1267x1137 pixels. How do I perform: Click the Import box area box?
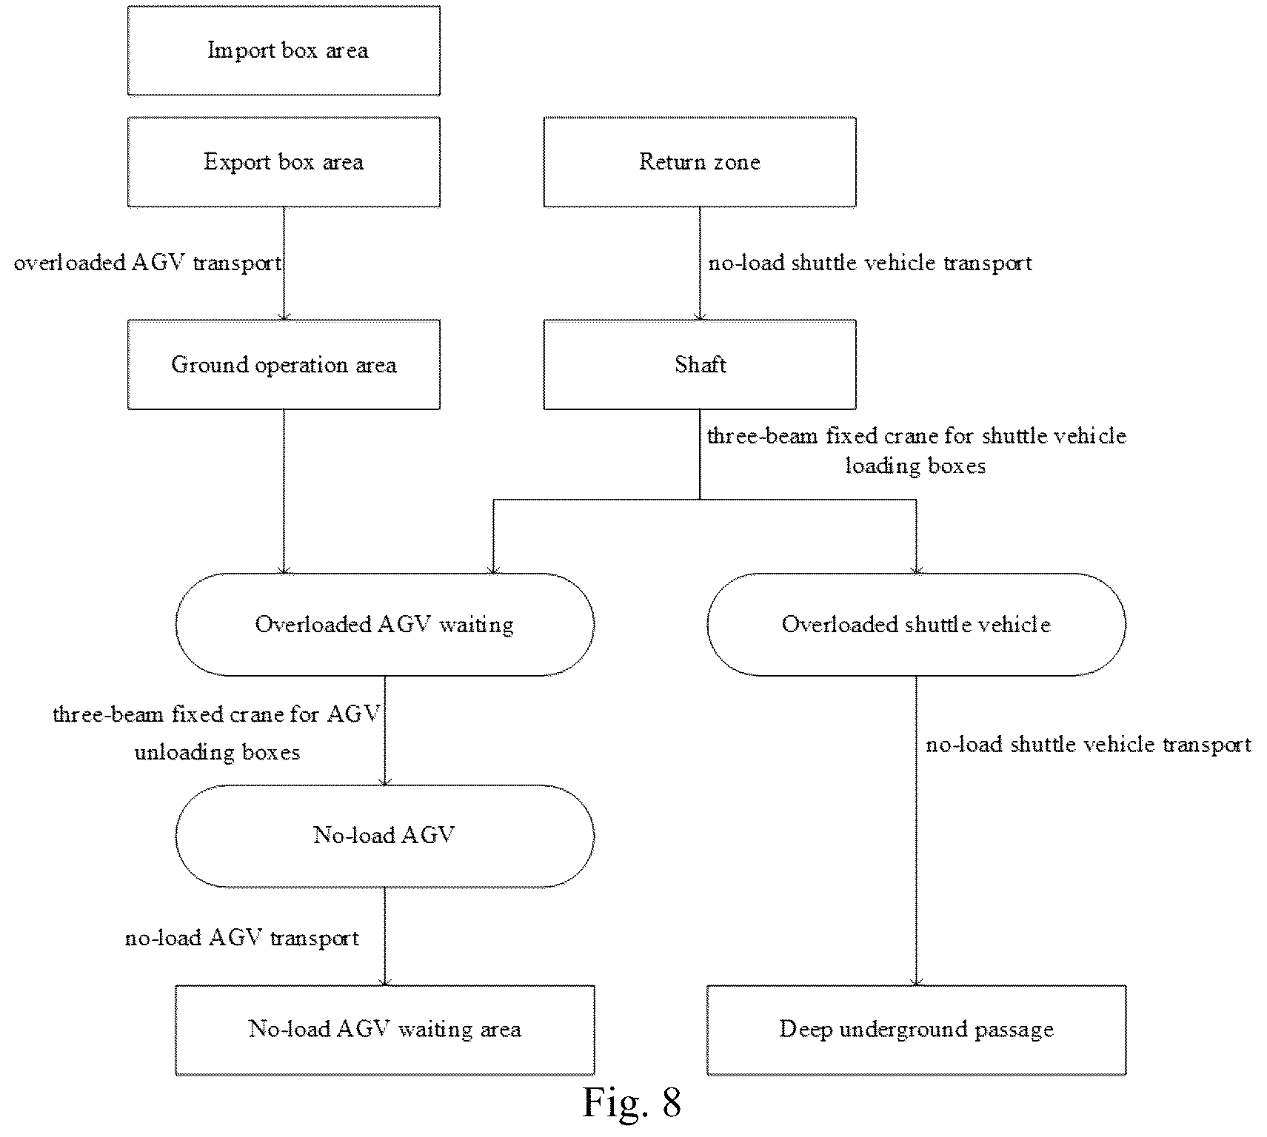pos(284,51)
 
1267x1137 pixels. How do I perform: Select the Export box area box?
pos(284,162)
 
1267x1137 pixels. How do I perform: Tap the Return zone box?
pos(700,162)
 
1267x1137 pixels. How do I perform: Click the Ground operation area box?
pos(284,365)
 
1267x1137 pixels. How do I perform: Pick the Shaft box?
pos(700,365)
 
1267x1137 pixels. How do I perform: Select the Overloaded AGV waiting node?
pos(384,625)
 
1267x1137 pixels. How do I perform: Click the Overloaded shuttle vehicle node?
pos(916,625)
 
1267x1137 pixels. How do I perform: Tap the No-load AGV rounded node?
pos(384,836)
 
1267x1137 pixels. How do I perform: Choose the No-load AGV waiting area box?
pos(384,1030)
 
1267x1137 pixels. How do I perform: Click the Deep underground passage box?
pos(916,1030)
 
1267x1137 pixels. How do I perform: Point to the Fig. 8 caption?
pos(631,1102)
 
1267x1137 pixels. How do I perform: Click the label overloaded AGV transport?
pos(148,264)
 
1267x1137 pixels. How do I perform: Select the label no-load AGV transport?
pos(242,938)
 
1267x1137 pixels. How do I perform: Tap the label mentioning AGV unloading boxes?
pos(217,733)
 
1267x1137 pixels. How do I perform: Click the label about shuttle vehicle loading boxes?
pos(916,450)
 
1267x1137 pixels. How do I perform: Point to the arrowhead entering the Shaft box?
pos(700,316)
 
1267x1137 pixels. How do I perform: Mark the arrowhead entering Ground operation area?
pos(284,316)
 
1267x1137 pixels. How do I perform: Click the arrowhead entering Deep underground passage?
pos(916,982)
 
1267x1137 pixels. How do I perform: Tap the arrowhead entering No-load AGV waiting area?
pos(384,982)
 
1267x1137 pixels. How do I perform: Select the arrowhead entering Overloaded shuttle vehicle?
pos(916,570)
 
